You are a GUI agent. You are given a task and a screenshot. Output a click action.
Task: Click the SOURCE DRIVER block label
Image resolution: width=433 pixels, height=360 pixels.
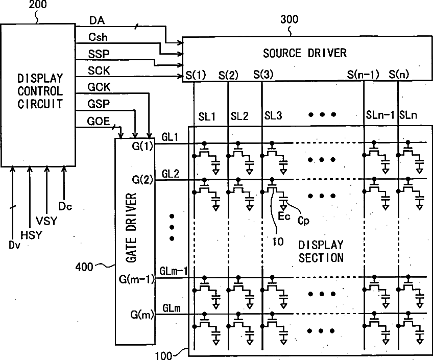point(305,53)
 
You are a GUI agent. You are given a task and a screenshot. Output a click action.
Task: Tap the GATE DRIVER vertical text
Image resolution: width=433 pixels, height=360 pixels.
point(131,227)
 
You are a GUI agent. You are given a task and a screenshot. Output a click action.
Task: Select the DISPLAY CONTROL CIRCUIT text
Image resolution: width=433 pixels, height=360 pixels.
point(40,91)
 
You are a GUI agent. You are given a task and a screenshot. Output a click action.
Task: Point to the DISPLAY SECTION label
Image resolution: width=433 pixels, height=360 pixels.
point(321,252)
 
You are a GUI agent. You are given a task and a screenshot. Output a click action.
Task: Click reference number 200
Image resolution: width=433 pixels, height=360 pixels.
point(38,5)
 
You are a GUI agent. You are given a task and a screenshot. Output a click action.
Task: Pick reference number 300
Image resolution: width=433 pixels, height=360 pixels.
point(290,19)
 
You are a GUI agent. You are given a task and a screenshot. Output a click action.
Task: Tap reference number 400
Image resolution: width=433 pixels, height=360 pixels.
point(84,267)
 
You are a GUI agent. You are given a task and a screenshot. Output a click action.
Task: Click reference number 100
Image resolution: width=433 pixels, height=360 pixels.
point(164,355)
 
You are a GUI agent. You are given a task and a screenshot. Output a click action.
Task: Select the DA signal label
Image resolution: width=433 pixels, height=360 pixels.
point(97,20)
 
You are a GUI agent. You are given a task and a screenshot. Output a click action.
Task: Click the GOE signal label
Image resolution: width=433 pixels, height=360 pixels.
point(99,121)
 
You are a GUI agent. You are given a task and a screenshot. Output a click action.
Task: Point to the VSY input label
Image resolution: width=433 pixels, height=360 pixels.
point(46,221)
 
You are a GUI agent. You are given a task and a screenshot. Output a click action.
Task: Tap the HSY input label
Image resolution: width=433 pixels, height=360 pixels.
point(32,235)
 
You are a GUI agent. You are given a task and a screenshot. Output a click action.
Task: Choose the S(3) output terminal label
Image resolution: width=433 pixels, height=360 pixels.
point(263,74)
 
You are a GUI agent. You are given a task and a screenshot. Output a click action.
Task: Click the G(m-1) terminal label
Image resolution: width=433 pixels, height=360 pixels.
point(137,279)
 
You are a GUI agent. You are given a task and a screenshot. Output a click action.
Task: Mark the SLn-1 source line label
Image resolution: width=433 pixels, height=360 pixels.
point(380,115)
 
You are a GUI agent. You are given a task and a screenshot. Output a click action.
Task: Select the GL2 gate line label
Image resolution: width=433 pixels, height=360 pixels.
point(171,174)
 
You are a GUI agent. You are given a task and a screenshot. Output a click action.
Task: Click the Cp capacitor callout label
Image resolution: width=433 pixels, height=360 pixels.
point(303,221)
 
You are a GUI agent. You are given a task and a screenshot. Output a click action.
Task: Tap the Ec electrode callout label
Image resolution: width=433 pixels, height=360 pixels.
point(284,216)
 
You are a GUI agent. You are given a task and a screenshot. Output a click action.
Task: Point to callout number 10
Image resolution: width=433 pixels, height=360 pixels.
point(278,242)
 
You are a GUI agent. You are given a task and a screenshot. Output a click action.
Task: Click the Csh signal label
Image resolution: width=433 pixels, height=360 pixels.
point(98,37)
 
